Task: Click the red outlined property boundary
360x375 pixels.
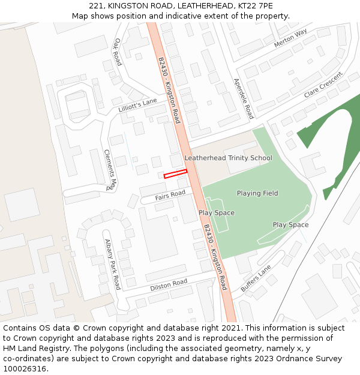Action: (175, 174)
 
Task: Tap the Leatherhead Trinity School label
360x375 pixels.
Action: (228, 158)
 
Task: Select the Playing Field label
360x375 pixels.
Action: (257, 193)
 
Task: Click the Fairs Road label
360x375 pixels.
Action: (170, 195)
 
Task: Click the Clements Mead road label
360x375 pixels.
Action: (110, 169)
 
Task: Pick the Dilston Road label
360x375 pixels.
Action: (169, 284)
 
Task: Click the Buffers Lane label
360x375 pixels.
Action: (256, 278)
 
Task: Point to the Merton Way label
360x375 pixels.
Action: (290, 38)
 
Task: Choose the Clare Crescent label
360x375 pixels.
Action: (323, 85)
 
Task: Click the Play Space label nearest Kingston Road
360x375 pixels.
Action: (217, 213)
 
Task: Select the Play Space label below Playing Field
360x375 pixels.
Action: (290, 225)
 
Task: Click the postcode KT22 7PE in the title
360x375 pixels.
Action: (256, 5)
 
